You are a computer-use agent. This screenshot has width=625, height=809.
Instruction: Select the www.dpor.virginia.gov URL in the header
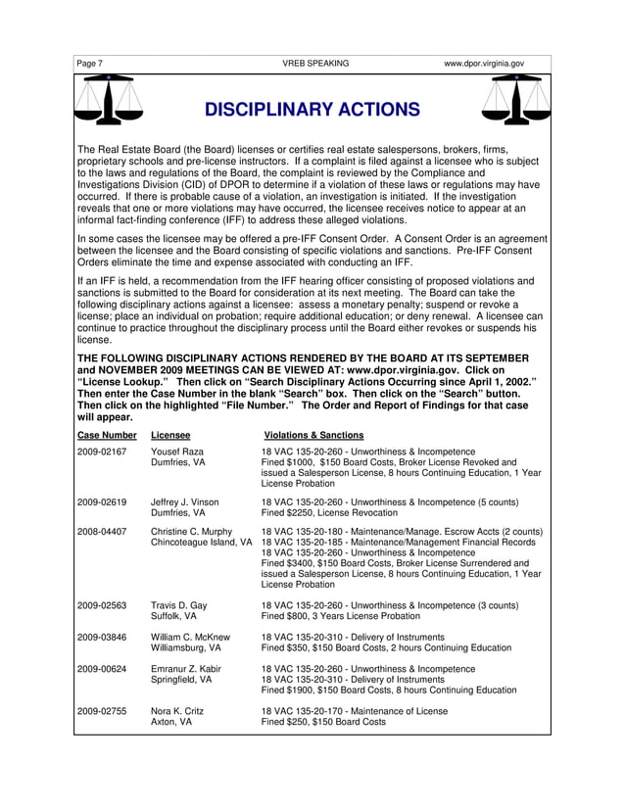(484, 64)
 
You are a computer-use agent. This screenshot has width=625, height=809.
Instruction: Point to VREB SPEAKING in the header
(314, 64)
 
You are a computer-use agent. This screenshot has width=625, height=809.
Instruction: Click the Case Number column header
(107, 435)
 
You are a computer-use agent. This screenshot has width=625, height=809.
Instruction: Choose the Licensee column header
(170, 435)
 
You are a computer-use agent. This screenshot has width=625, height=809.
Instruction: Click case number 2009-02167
(102, 452)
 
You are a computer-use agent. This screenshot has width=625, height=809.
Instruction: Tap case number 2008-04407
(102, 532)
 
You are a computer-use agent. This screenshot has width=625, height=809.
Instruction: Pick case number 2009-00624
(102, 669)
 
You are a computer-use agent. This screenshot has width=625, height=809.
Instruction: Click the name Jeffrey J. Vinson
(184, 501)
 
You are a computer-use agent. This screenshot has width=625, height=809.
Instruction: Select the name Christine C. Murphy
(191, 532)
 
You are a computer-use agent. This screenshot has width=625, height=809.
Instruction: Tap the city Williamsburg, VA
(185, 648)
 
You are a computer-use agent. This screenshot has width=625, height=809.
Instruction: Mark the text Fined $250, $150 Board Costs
(323, 722)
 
